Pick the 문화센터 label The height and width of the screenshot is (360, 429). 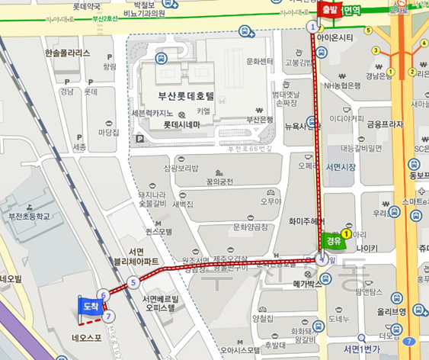[x=260, y=62]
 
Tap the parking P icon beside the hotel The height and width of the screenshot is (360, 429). [x=139, y=139]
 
